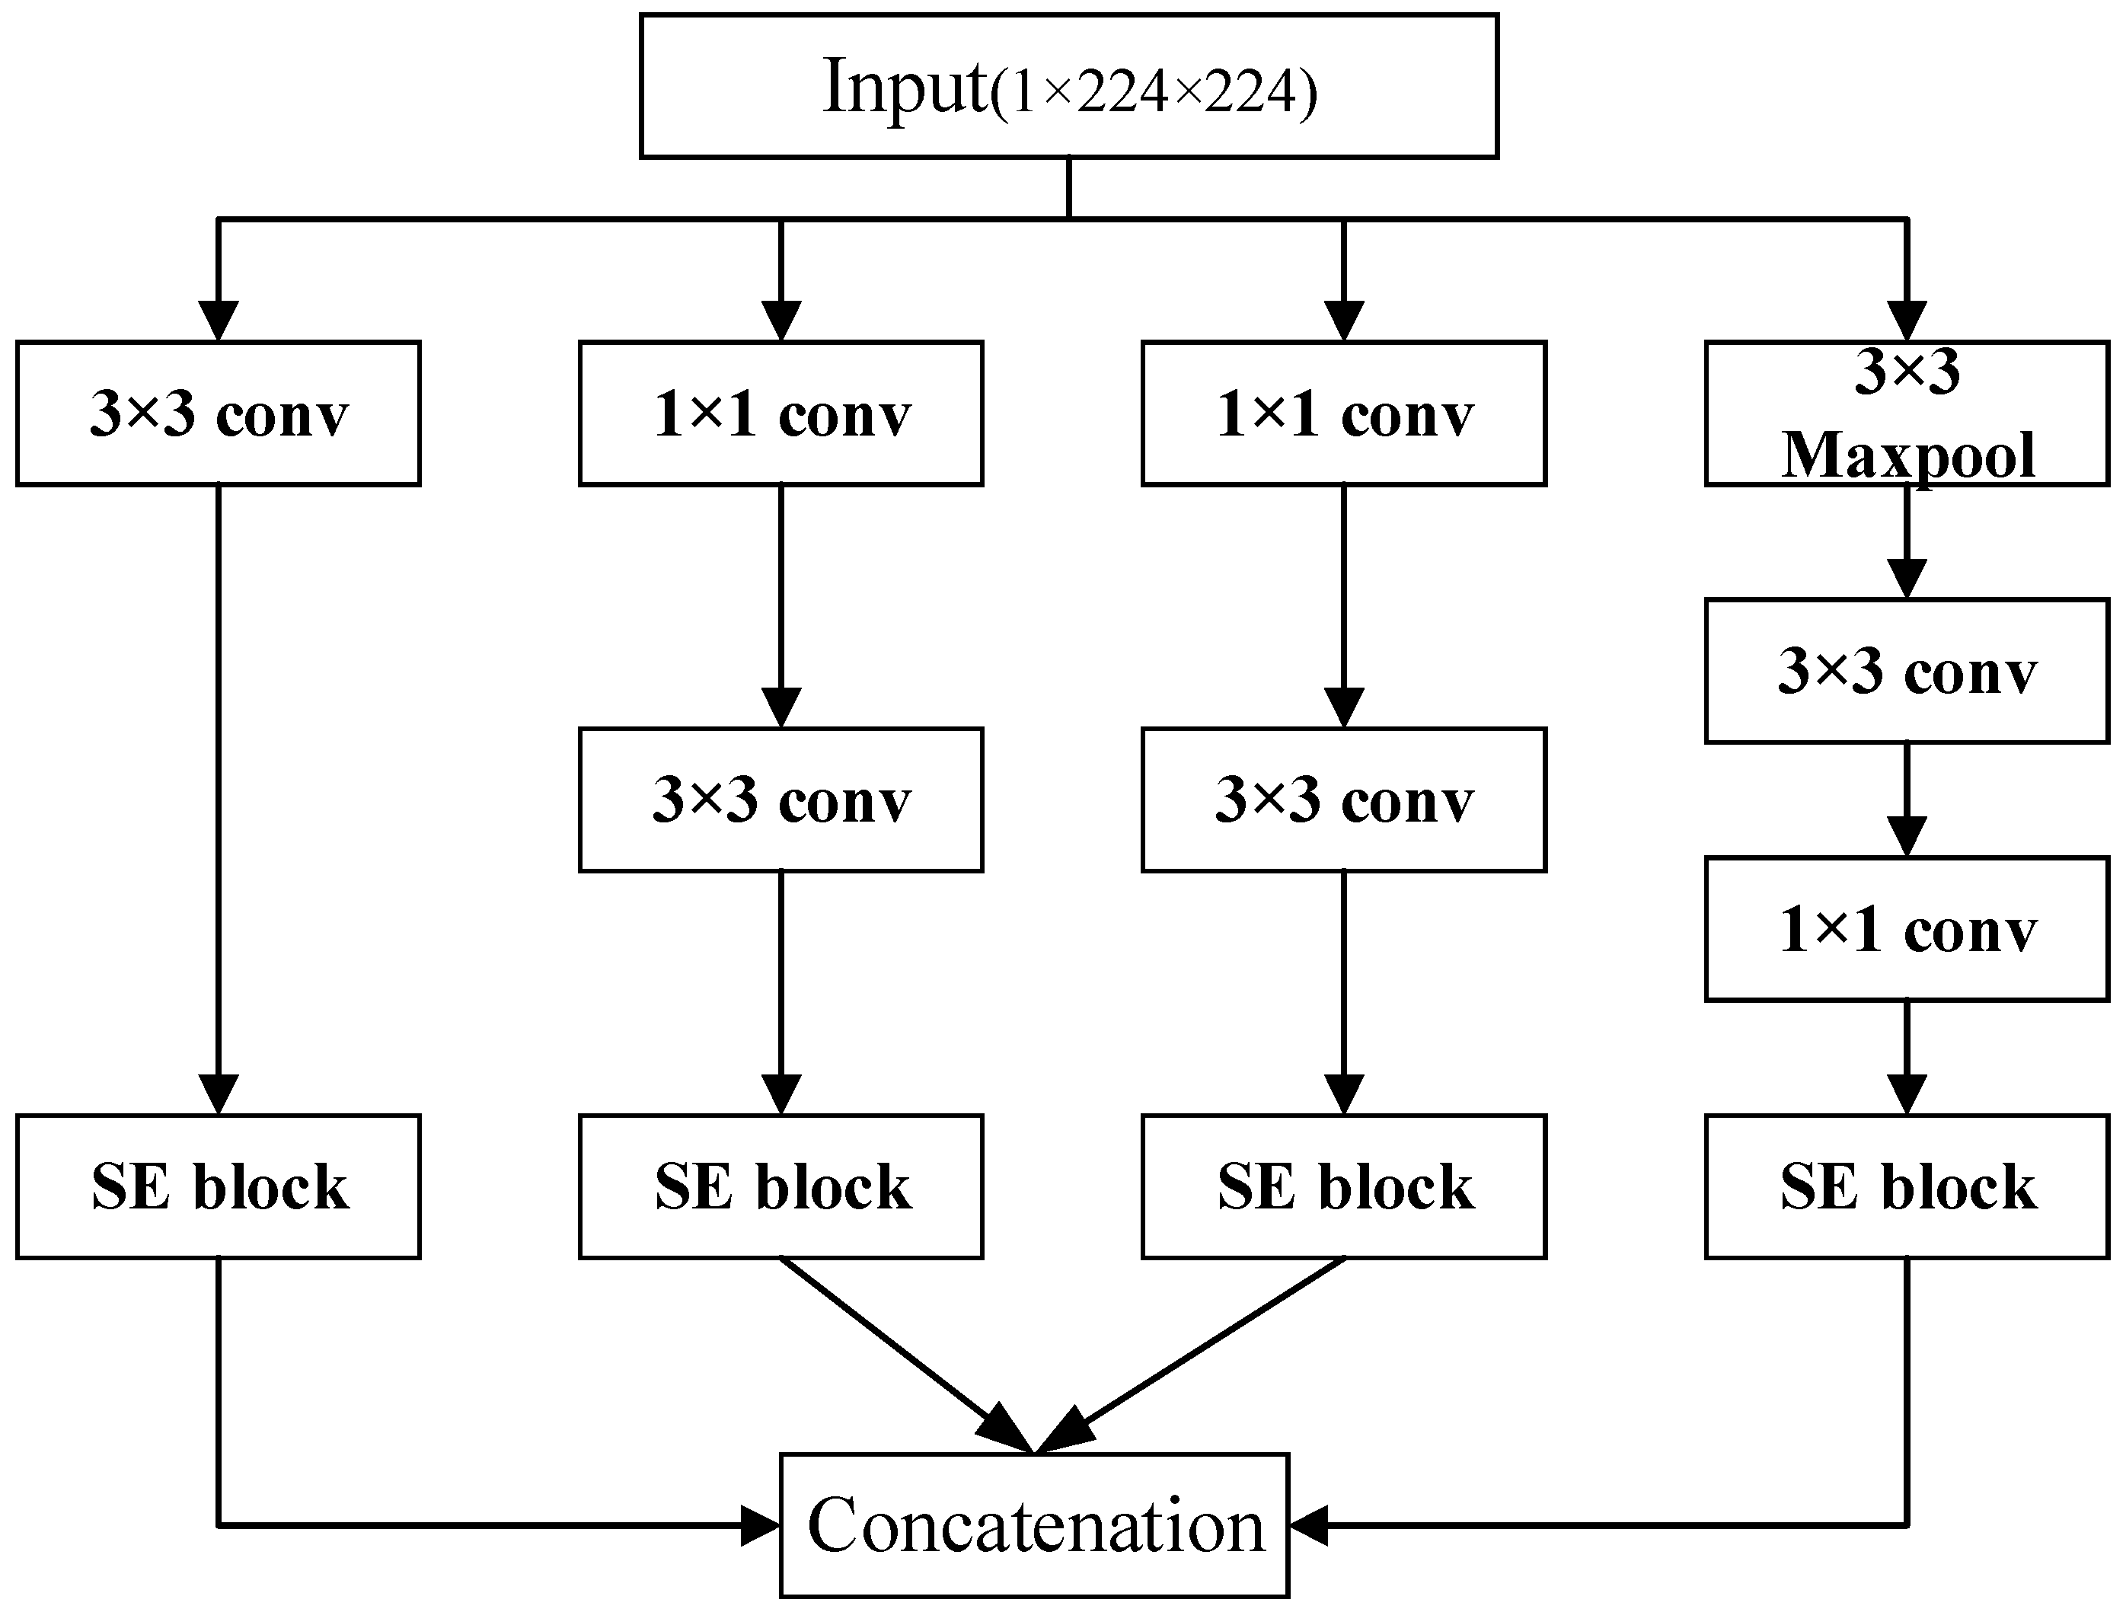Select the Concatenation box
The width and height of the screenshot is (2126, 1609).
click(1033, 1525)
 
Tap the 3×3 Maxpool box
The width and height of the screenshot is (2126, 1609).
click(1907, 413)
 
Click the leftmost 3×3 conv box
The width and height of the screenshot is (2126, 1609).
click(219, 413)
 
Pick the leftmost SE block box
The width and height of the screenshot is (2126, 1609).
click(219, 1186)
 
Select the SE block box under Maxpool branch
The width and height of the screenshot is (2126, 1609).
click(1907, 1186)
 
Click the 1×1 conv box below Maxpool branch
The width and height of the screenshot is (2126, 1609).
click(1907, 930)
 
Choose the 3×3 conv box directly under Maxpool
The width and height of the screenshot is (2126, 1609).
click(1907, 671)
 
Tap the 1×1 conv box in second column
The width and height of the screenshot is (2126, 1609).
click(780, 413)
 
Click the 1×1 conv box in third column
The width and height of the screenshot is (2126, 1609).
click(1344, 413)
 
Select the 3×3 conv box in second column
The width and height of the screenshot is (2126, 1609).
click(780, 800)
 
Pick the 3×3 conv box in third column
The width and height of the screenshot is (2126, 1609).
click(1344, 800)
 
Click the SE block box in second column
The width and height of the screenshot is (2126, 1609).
click(780, 1186)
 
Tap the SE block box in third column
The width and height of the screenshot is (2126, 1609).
click(1344, 1186)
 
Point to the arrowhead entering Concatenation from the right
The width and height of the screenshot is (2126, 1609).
click(1309, 1525)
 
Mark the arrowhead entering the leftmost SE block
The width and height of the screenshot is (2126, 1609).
click(219, 1093)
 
